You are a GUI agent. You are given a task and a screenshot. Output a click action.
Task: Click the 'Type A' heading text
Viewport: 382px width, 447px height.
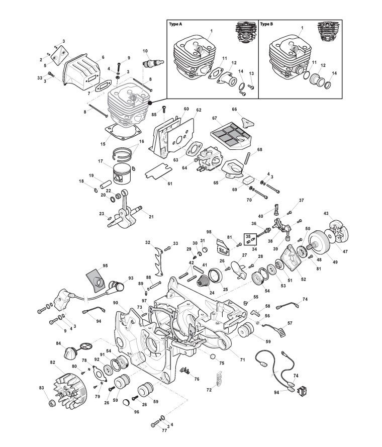click(175, 24)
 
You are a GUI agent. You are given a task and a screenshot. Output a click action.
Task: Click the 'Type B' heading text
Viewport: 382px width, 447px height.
click(266, 24)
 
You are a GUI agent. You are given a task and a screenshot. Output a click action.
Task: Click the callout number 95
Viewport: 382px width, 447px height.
click(105, 265)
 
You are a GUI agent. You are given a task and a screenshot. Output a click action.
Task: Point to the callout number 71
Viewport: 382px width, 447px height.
click(242, 360)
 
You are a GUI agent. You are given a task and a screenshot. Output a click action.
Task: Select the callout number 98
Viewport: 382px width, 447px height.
click(209, 232)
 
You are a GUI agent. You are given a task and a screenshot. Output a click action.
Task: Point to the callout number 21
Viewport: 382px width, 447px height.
click(151, 217)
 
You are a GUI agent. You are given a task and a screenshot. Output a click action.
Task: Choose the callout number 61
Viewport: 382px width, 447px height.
click(169, 184)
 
